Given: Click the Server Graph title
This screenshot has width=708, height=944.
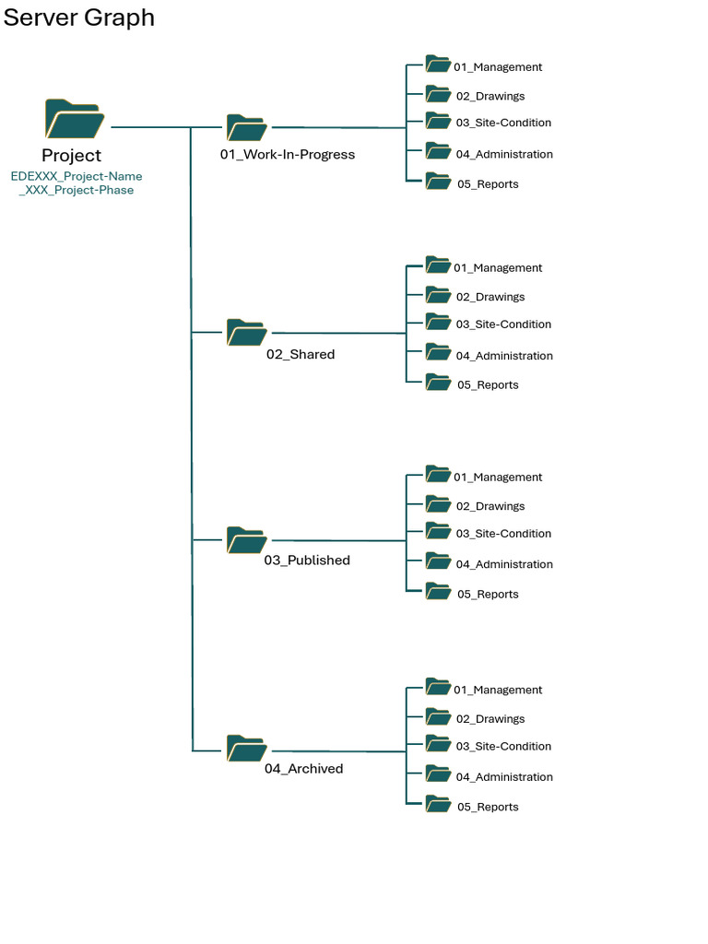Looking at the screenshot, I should tap(78, 18).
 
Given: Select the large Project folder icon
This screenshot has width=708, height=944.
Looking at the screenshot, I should tap(73, 120).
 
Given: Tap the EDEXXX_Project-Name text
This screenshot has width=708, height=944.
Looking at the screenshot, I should tap(77, 176).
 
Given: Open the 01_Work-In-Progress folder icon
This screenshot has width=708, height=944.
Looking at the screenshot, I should tap(246, 128).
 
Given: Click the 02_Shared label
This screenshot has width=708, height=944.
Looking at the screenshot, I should tap(301, 355).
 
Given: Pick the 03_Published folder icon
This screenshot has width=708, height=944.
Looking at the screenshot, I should tap(246, 540).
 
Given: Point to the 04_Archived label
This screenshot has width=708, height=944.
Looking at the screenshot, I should tap(303, 769).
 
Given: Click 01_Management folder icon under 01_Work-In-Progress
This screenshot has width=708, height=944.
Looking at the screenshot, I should tap(438, 65).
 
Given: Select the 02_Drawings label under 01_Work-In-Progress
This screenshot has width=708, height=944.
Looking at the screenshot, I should tap(490, 96).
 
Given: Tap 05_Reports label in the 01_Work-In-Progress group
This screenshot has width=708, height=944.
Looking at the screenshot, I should tap(488, 184).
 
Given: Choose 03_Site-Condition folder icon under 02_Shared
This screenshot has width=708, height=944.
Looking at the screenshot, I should tap(438, 322).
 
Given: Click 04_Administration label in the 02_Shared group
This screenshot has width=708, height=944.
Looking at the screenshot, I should tap(504, 356).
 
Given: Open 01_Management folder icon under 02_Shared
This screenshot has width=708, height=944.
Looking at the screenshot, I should tap(438, 265).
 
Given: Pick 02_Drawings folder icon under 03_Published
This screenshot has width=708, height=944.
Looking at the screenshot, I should tap(438, 504).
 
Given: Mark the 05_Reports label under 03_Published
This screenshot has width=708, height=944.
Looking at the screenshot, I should tap(488, 595).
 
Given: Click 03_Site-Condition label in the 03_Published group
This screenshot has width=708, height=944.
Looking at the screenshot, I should tap(503, 534).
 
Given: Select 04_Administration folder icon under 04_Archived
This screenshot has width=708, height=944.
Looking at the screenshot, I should tap(438, 775).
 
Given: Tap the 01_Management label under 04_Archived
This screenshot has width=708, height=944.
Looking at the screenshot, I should tap(498, 690).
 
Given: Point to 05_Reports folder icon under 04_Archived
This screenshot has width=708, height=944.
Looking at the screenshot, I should tap(438, 805).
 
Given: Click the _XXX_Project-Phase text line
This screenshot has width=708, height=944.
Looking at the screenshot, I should tap(77, 190).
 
